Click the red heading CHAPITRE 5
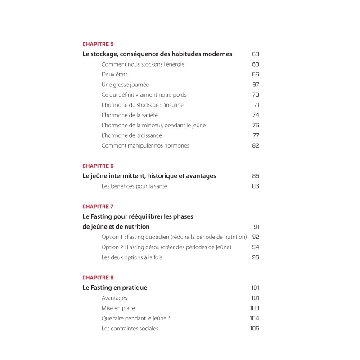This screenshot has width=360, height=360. (x=98, y=44)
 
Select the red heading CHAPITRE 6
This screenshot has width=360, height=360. (x=98, y=166)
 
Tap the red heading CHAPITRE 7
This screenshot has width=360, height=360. (x=98, y=207)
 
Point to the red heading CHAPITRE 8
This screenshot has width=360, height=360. (x=98, y=278)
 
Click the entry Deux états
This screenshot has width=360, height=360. (x=115, y=75)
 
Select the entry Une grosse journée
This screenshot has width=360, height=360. (x=125, y=85)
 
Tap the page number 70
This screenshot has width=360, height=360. (x=256, y=95)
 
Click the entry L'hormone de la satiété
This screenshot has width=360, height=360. (x=130, y=115)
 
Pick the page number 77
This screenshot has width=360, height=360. (x=256, y=135)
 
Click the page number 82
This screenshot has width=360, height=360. (x=256, y=146)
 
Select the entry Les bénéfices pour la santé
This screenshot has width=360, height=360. (x=134, y=186)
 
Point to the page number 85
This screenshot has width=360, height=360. (x=256, y=176)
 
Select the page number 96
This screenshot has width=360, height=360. (x=256, y=257)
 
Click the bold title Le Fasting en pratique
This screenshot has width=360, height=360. (x=115, y=288)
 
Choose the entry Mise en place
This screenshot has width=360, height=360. (x=118, y=308)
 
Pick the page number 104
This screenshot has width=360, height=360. (x=254, y=318)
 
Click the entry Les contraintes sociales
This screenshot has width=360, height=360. (x=130, y=328)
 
